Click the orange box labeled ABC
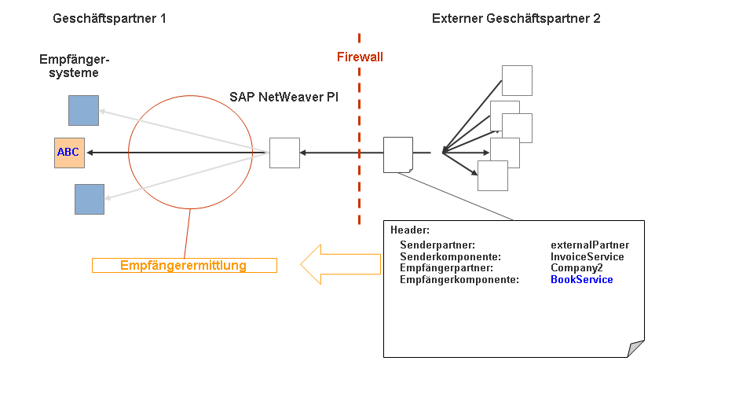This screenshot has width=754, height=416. [68, 153]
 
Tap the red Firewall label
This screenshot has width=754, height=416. [360, 57]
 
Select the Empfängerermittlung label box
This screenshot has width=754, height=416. [184, 265]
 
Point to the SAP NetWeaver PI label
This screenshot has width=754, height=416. [284, 96]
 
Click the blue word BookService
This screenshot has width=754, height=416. [581, 279]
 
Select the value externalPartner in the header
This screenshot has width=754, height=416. [589, 245]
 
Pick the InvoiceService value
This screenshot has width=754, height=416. [587, 256]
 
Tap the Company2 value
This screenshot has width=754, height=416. [576, 267]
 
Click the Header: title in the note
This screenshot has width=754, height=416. [410, 230]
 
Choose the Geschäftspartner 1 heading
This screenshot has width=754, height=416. [109, 18]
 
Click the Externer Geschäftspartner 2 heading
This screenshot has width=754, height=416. [516, 18]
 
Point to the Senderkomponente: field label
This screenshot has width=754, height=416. [450, 256]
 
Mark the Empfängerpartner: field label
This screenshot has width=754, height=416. [446, 267]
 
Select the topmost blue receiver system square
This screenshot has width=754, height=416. [83, 110]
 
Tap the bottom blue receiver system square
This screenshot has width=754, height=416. [90, 199]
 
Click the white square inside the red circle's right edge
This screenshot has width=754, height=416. [284, 153]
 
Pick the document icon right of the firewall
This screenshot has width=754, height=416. [398, 154]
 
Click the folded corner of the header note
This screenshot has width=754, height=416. [636, 349]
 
